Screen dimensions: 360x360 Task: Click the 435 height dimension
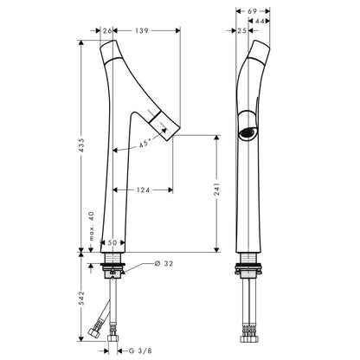[x=81, y=145]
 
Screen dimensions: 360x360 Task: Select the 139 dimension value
[x=142, y=30]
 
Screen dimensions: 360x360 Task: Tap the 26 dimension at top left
[x=107, y=30]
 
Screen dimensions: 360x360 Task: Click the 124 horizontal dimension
[x=144, y=190]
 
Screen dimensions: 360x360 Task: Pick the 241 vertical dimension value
[x=216, y=189]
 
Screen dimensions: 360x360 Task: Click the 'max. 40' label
[x=92, y=226]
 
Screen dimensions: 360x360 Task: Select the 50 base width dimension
[x=112, y=243]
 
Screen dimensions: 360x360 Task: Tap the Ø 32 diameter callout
[x=164, y=263]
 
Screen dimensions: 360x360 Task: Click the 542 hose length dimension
[x=81, y=299]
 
